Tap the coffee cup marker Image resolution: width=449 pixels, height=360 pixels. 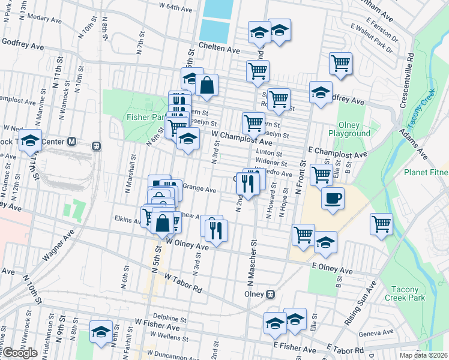(333, 197)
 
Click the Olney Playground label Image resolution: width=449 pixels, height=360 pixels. (349, 129)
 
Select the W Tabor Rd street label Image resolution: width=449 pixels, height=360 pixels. (184, 282)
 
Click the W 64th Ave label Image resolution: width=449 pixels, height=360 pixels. (175, 10)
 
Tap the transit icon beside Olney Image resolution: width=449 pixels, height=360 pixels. (271, 294)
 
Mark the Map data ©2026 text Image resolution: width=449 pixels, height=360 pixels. (424, 355)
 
